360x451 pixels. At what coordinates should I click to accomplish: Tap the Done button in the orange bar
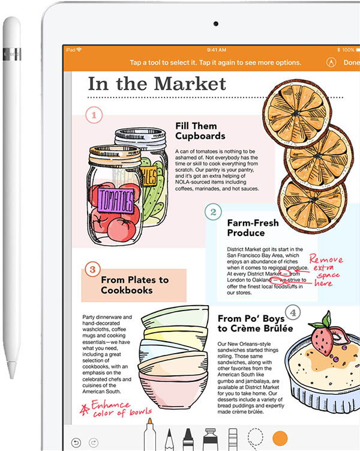pos(352,62)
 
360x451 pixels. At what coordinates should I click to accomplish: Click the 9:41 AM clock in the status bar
pos(217,50)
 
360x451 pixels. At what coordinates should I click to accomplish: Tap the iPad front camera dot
pos(216,24)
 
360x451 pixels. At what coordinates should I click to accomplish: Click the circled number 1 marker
pos(94,115)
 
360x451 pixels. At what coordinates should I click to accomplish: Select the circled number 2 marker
pos(213,212)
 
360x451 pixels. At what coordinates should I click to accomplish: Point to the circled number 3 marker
pos(92,270)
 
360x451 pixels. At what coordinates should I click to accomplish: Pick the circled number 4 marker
pos(293,312)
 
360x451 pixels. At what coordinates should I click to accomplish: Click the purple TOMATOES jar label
pos(116,200)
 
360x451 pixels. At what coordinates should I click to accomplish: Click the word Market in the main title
pos(190,84)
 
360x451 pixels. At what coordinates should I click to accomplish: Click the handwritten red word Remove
pos(326,259)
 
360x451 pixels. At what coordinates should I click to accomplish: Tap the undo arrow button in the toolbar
pos(76,443)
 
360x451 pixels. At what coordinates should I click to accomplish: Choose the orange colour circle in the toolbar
pos(280,438)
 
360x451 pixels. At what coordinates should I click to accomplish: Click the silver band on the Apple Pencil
pos(12,55)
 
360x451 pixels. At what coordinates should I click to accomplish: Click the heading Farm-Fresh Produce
pos(253,228)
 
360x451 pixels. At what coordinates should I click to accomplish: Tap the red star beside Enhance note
pos(85,409)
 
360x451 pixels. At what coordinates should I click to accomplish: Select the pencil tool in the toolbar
pos(169,440)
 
